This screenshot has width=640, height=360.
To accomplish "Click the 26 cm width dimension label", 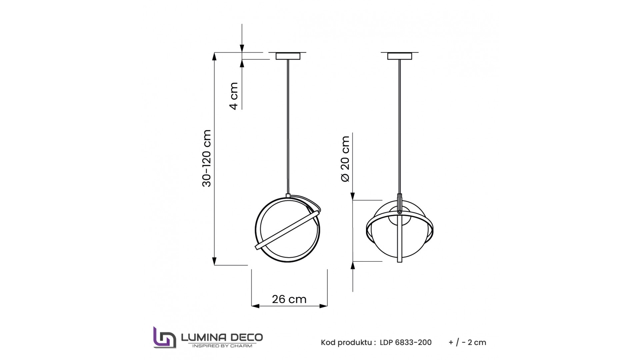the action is (289, 299).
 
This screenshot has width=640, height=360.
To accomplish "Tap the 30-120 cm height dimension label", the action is (207, 158).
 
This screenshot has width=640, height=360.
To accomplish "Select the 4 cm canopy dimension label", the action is (234, 96).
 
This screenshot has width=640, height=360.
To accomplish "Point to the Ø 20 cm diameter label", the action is (345, 159).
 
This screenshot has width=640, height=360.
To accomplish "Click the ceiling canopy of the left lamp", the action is (288, 56).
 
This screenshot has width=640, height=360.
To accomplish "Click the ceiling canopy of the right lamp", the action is (399, 56).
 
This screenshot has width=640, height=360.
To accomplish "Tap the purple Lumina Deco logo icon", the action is (164, 337).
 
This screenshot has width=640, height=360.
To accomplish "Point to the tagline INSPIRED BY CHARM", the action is (222, 346).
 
